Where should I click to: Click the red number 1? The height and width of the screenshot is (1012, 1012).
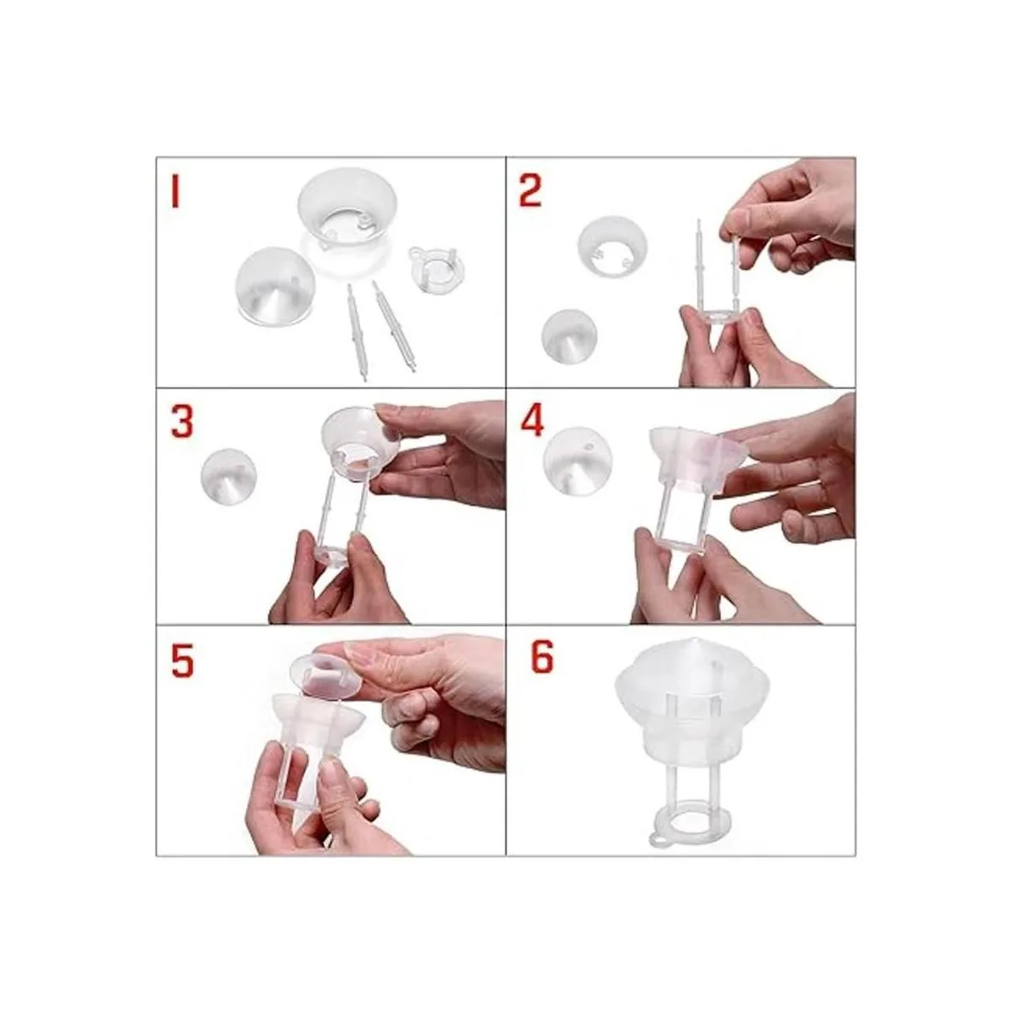(175, 193)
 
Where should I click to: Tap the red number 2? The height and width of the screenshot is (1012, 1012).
(530, 192)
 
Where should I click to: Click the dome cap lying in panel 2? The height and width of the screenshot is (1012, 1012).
(570, 336)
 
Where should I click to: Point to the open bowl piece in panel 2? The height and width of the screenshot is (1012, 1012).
(612, 247)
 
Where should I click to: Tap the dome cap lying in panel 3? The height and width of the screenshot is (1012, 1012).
(229, 475)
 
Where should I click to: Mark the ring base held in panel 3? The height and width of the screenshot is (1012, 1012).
(333, 553)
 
